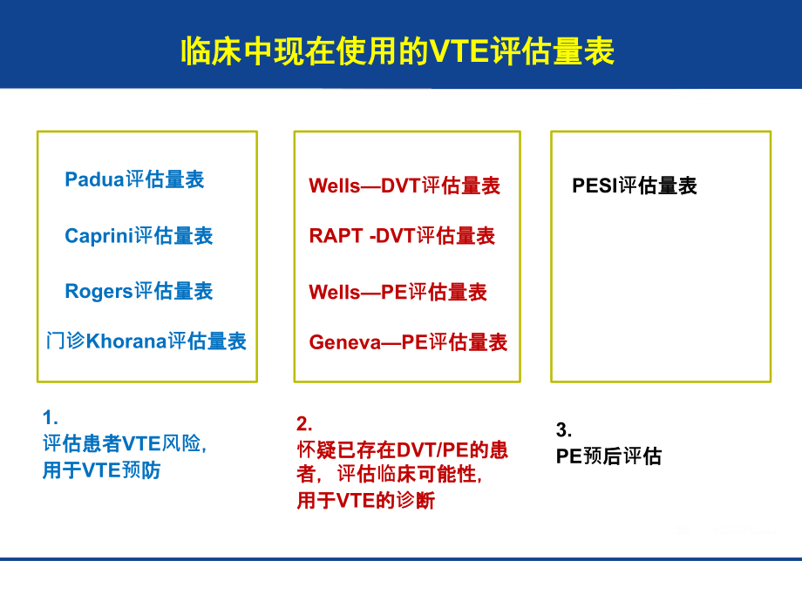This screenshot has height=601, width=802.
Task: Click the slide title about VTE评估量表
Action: [x=398, y=51]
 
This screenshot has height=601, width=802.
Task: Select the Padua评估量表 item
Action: [x=134, y=179]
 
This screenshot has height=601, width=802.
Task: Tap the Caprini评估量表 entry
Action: [x=139, y=236]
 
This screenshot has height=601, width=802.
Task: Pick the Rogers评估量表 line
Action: [x=139, y=291]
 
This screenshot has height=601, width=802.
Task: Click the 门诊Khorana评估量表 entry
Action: [x=146, y=341]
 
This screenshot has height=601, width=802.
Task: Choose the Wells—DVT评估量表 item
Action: [x=404, y=186]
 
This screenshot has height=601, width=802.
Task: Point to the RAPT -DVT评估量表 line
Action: [x=402, y=236]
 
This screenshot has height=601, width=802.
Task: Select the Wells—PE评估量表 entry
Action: [x=398, y=292]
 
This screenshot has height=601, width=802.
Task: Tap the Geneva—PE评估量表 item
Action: [x=408, y=342]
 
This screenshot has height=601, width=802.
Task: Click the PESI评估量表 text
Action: [x=634, y=186]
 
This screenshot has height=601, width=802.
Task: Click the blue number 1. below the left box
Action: [x=50, y=417]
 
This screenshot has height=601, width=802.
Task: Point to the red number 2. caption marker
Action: [x=303, y=423]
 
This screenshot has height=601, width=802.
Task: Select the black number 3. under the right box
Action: [x=563, y=429]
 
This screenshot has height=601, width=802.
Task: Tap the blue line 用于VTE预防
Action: [x=101, y=471]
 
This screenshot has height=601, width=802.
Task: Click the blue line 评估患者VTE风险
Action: [x=125, y=444]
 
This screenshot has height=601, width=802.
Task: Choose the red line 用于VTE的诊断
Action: [x=365, y=501]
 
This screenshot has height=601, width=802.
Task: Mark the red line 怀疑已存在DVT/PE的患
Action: [x=402, y=450]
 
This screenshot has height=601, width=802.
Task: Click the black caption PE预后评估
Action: [x=608, y=456]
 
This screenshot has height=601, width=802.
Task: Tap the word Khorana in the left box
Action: [x=126, y=341]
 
